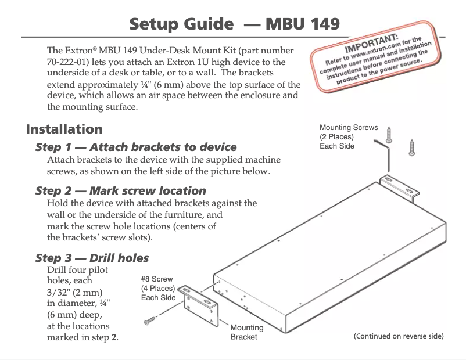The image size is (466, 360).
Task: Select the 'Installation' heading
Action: (x=64, y=129)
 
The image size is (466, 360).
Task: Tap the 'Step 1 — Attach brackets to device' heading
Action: (x=136, y=147)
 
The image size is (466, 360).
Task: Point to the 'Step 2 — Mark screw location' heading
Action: (x=120, y=190)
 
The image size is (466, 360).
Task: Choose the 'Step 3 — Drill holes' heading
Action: (x=92, y=258)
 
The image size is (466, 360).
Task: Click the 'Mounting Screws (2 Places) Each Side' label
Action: (x=348, y=136)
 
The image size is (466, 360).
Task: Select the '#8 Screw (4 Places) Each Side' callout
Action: (x=158, y=289)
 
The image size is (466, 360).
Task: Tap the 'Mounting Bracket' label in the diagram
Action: (x=246, y=332)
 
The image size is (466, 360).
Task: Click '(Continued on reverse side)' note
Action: (x=399, y=336)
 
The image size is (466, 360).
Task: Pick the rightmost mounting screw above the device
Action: (x=411, y=147)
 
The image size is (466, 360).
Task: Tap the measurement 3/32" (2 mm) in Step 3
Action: (x=72, y=291)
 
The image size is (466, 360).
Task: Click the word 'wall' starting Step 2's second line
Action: (x=56, y=214)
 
